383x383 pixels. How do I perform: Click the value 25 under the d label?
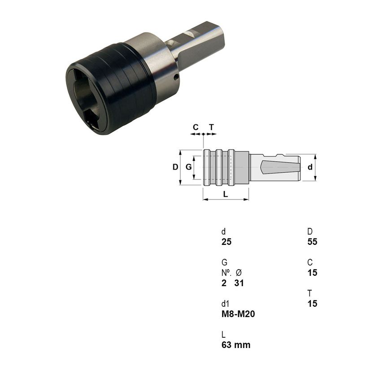tap(226, 242)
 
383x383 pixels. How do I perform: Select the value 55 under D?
tap(312, 242)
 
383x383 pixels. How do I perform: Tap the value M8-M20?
tap(238, 314)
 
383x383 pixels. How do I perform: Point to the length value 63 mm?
tap(236, 345)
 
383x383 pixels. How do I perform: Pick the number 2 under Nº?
tap(224, 283)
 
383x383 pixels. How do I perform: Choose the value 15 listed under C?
tap(312, 273)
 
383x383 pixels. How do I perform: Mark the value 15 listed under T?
tap(312, 304)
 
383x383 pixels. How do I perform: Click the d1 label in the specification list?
tap(226, 304)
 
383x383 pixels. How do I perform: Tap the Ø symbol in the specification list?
tap(239, 273)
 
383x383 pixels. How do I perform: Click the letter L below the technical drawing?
tap(226, 194)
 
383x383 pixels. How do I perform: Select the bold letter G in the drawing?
tap(189, 167)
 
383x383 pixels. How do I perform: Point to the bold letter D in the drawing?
tap(175, 167)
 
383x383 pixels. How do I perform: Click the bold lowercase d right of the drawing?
tap(309, 167)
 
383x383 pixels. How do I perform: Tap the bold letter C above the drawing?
tap(196, 127)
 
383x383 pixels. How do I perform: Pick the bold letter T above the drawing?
tap(211, 127)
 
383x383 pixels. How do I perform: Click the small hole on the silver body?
tap(176, 77)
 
